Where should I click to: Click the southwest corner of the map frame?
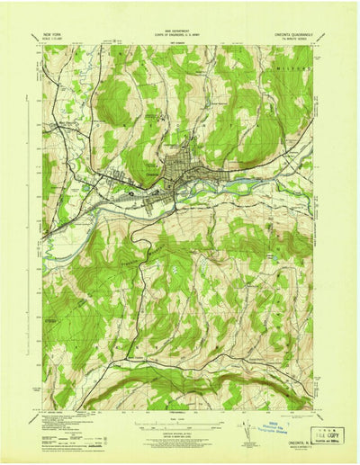click(x=42, y=409)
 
